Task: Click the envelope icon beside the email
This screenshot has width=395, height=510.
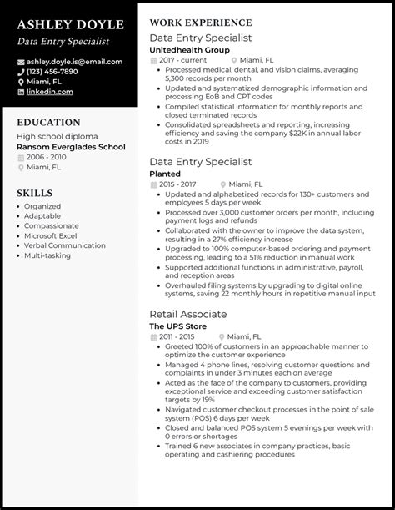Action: [x=20, y=61]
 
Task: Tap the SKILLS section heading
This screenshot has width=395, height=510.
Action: [x=34, y=193]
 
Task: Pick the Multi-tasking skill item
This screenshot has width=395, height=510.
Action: [x=48, y=256]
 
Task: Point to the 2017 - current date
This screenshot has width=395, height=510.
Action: [x=182, y=60]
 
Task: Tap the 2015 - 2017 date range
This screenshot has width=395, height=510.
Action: [x=178, y=185]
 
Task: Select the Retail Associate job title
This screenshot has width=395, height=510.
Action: [x=187, y=314]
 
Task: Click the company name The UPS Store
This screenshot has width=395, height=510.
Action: [x=179, y=326]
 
